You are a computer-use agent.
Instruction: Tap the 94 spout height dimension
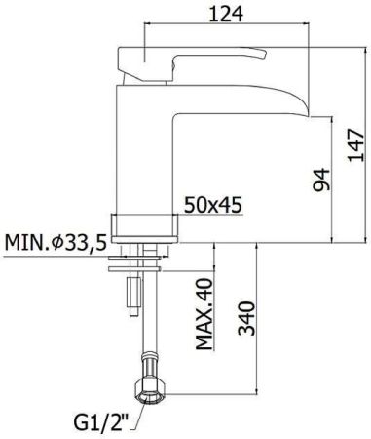click(322, 178)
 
